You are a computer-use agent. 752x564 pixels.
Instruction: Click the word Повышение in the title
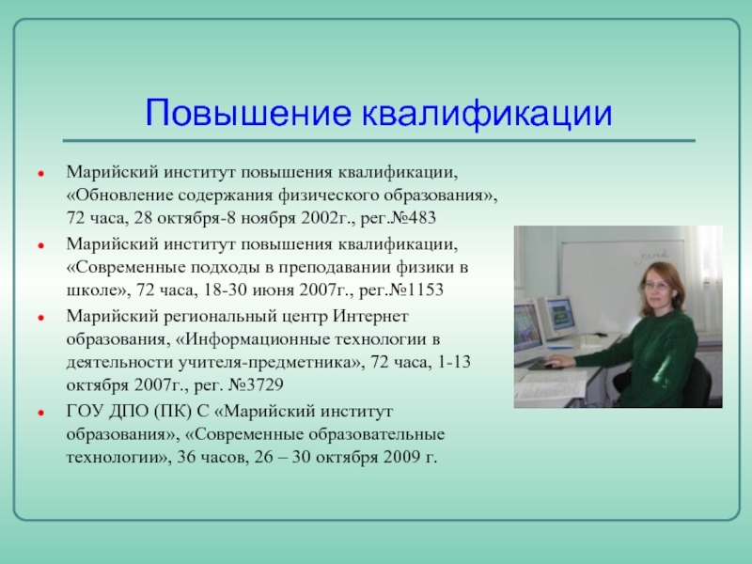click(248, 113)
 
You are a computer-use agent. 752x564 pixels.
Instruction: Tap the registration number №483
click(414, 218)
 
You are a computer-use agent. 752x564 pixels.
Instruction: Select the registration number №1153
click(416, 290)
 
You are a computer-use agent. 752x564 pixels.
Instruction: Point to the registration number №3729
click(256, 384)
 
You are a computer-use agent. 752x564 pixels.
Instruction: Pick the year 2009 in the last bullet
click(402, 457)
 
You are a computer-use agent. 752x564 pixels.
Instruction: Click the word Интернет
click(370, 317)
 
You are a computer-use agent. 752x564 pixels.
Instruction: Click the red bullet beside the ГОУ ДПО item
click(41, 413)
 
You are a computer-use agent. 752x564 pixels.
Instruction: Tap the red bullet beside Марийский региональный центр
click(41, 318)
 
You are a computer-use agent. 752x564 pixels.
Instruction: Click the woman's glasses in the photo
click(655, 286)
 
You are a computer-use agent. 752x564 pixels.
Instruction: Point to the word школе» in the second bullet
click(99, 290)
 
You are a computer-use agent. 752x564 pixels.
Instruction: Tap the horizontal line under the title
click(379, 140)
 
